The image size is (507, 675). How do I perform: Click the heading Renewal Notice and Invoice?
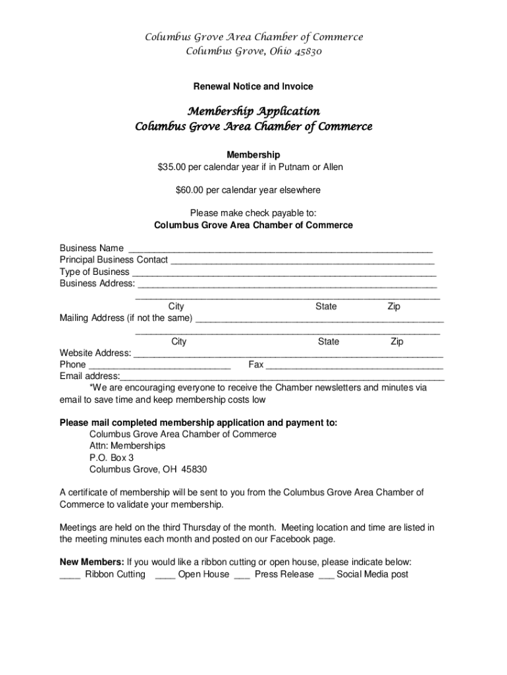[x=253, y=86]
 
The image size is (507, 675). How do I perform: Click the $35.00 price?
[x=173, y=167]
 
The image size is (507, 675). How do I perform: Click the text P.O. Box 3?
[x=112, y=457]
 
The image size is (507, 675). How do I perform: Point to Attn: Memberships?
[x=127, y=446]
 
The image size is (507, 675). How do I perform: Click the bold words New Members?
[x=92, y=562]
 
